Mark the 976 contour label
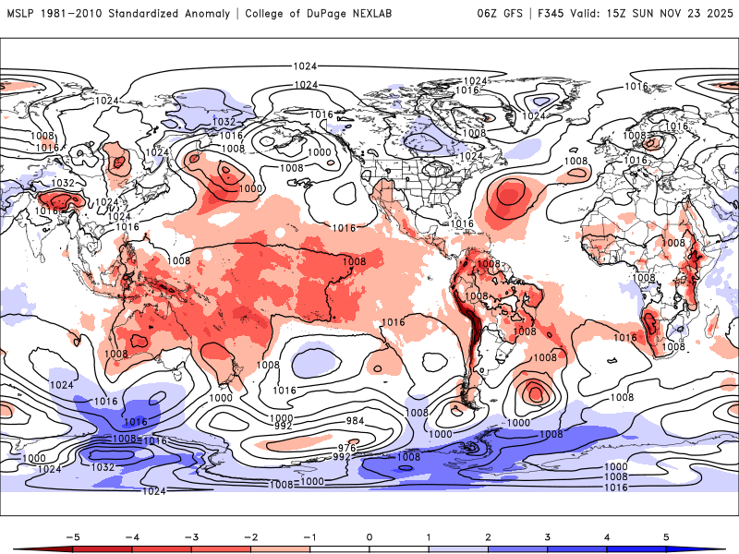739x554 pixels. coord(345,448)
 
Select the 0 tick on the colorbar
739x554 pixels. coord(369,536)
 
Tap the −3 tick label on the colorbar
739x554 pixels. coord(191,536)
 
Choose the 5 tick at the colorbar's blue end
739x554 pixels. coord(665,536)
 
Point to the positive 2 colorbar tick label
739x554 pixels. coord(487,536)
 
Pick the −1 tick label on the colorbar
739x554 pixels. coord(309,536)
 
